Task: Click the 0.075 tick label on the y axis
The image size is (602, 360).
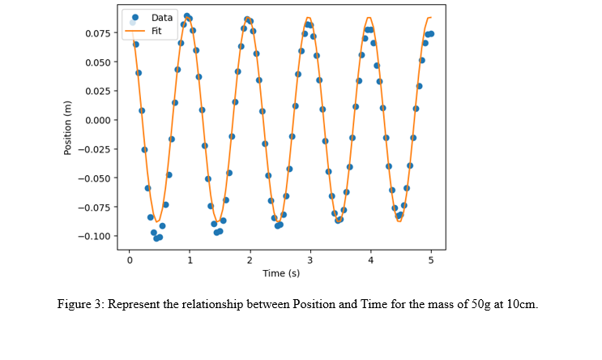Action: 100,33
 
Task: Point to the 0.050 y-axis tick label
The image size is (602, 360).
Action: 100,62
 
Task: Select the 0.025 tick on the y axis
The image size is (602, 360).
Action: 100,91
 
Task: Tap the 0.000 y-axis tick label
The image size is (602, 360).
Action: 100,120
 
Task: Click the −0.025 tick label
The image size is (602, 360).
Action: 98,149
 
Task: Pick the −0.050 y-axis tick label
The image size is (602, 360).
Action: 98,178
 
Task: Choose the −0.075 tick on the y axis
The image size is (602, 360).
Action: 98,207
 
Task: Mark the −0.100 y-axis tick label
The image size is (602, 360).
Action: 98,236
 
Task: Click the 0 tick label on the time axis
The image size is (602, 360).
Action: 130,260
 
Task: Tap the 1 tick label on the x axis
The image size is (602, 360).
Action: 190,260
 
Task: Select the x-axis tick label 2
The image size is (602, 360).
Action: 250,260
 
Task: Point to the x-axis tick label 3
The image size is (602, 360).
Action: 310,260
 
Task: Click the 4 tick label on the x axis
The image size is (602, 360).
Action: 371,260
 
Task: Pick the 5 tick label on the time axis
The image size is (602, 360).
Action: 431,260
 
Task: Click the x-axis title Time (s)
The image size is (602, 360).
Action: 280,274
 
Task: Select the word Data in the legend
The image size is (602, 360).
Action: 162,17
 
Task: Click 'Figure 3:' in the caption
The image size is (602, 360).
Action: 80,305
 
